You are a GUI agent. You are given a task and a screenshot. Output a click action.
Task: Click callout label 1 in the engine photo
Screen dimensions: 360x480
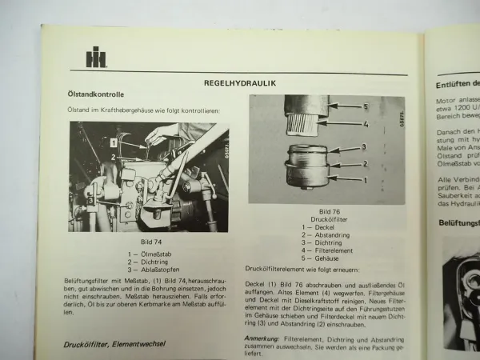click(114, 142)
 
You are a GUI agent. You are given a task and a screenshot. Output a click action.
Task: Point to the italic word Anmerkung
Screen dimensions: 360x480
click(262, 338)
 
